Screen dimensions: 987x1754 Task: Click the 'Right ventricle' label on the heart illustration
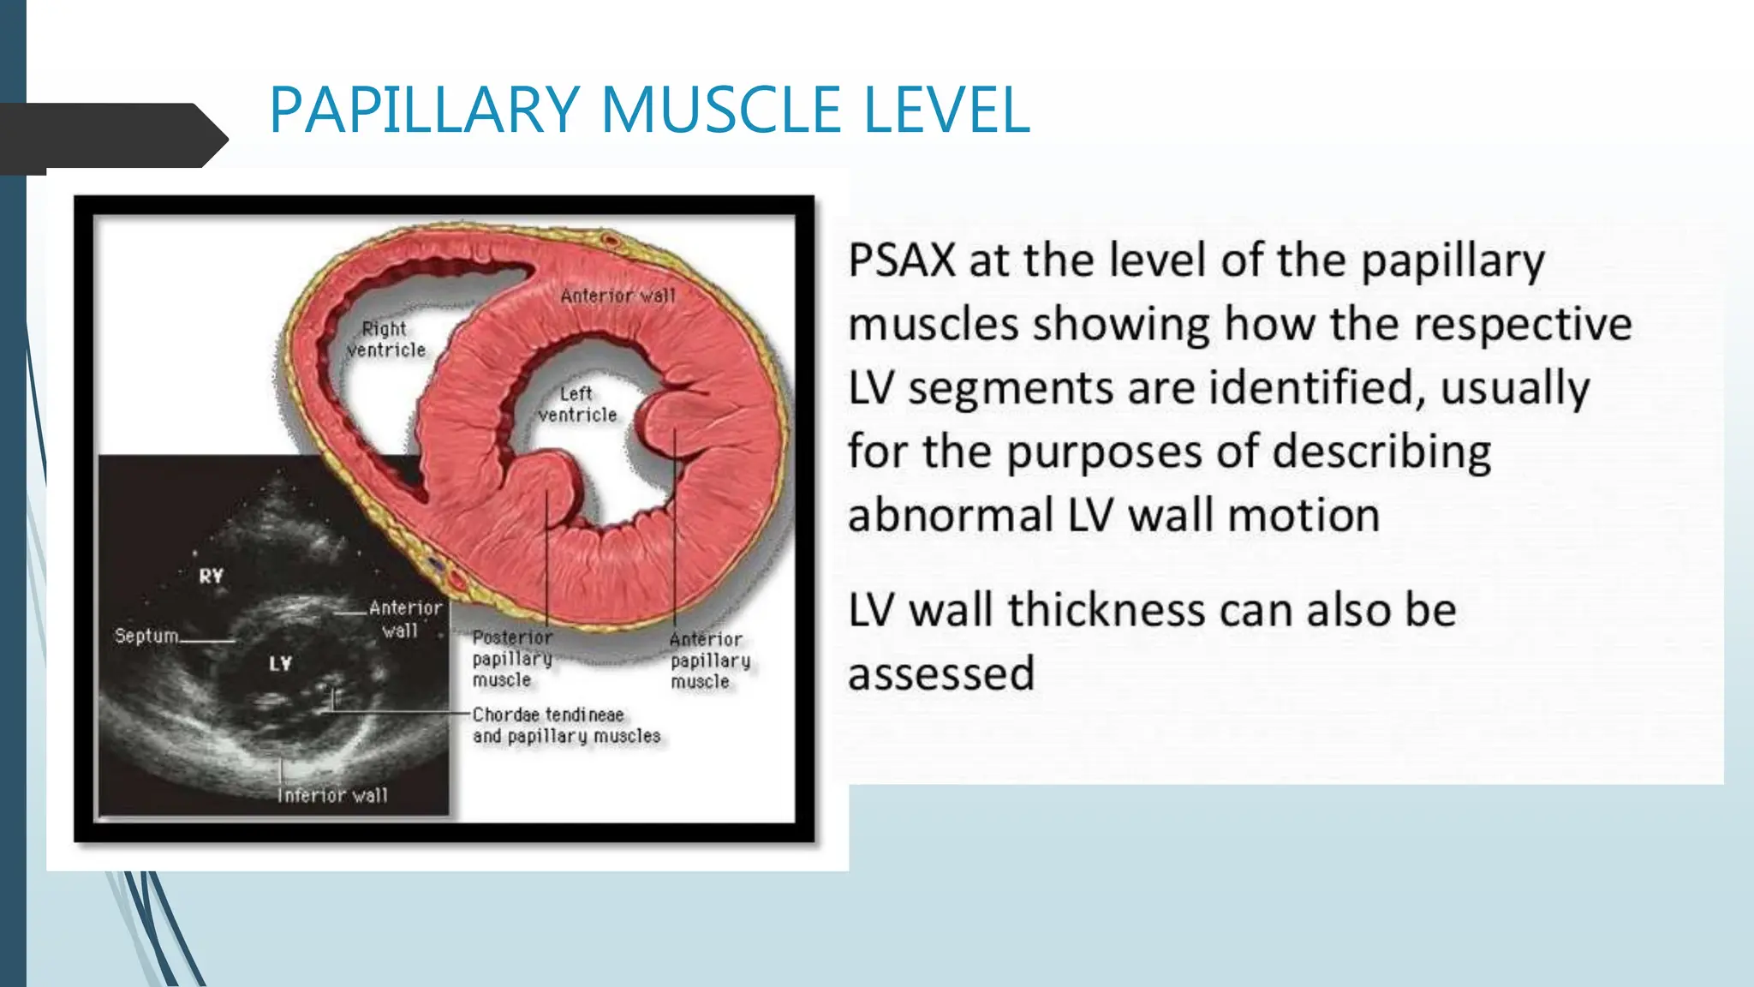385,339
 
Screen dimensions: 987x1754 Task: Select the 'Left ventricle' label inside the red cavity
577,404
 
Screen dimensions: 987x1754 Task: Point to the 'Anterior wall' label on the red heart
617,296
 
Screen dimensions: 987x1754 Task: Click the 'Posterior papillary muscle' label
511,659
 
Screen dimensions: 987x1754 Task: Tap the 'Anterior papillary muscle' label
709,661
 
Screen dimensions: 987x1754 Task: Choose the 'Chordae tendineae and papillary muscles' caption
565,725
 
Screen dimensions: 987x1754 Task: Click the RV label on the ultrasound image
212,576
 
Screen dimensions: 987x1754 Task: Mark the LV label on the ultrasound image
280,663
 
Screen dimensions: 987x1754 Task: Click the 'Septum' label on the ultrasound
146,636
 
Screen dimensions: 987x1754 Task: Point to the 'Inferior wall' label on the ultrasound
332,795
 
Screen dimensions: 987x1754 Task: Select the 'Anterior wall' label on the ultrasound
404,619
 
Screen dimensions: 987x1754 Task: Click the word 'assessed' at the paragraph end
941,673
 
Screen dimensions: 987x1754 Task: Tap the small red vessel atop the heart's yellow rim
610,240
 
